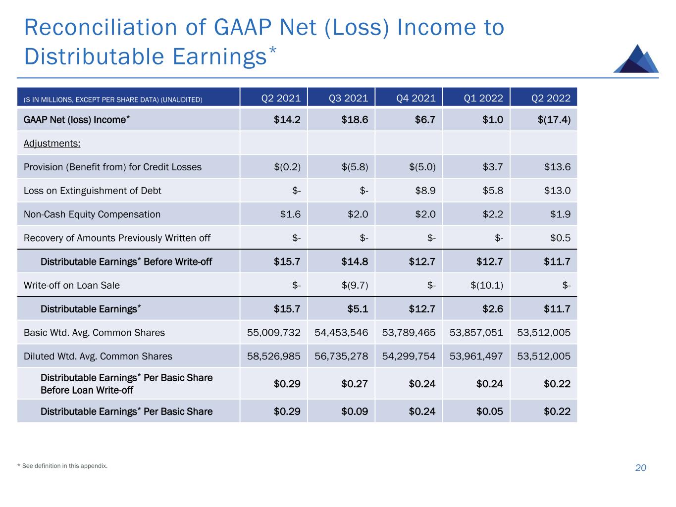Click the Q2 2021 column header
click(x=281, y=98)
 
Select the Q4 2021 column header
click(x=416, y=98)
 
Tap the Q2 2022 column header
click(x=551, y=98)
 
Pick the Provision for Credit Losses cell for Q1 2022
click(x=493, y=167)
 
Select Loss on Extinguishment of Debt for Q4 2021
click(x=425, y=191)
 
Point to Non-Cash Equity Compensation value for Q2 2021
click(x=290, y=214)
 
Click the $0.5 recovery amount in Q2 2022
click(x=560, y=238)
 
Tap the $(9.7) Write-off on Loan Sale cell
click(x=355, y=285)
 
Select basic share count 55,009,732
click(x=274, y=333)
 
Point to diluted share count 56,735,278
click(x=341, y=356)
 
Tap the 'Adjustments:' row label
click(x=52, y=144)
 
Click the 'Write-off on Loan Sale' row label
click(x=72, y=285)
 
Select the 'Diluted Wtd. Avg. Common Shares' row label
click(x=98, y=356)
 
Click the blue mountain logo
click(x=636, y=59)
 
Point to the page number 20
click(x=640, y=468)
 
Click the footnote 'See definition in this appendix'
click(x=64, y=466)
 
